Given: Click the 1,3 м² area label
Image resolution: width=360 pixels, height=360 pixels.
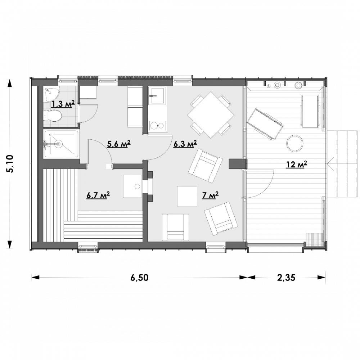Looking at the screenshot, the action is click(x=63, y=104).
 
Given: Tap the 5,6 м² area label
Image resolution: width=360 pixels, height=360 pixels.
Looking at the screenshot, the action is click(x=119, y=144).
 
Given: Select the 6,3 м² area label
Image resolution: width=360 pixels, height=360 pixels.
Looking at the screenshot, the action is click(x=185, y=144).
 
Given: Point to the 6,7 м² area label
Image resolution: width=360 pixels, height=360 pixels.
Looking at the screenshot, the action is click(x=98, y=195).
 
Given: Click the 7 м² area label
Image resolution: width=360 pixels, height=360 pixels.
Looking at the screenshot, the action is click(x=210, y=195).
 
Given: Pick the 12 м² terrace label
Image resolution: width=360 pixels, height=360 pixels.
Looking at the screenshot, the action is click(x=297, y=165).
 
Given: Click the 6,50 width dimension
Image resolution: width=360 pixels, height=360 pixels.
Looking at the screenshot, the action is click(x=139, y=278).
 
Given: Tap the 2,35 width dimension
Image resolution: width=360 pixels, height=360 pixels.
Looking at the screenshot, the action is click(x=286, y=278).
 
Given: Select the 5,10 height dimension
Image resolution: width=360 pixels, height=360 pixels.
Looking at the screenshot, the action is click(x=10, y=164).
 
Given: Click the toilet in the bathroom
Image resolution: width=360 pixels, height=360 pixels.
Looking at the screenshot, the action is click(x=52, y=116).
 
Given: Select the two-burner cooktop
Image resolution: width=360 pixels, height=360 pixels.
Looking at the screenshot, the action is click(x=157, y=126).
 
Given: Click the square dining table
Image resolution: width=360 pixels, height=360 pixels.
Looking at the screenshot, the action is click(x=211, y=115).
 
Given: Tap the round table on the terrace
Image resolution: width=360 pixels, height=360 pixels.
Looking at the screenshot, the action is click(x=294, y=143).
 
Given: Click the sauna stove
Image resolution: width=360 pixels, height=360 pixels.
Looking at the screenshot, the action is click(x=132, y=186).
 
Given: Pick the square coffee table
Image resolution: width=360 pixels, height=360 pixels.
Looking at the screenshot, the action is click(x=187, y=196).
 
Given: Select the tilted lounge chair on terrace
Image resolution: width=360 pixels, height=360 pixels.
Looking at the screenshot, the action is click(x=265, y=124).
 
